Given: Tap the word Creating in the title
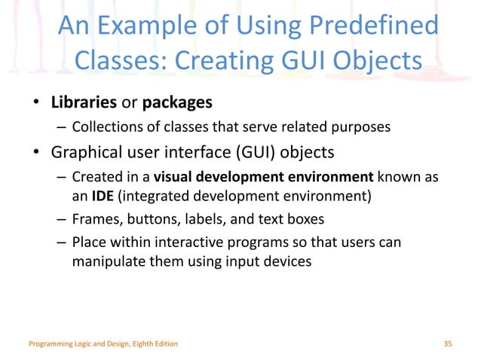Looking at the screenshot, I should point(230,59).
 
